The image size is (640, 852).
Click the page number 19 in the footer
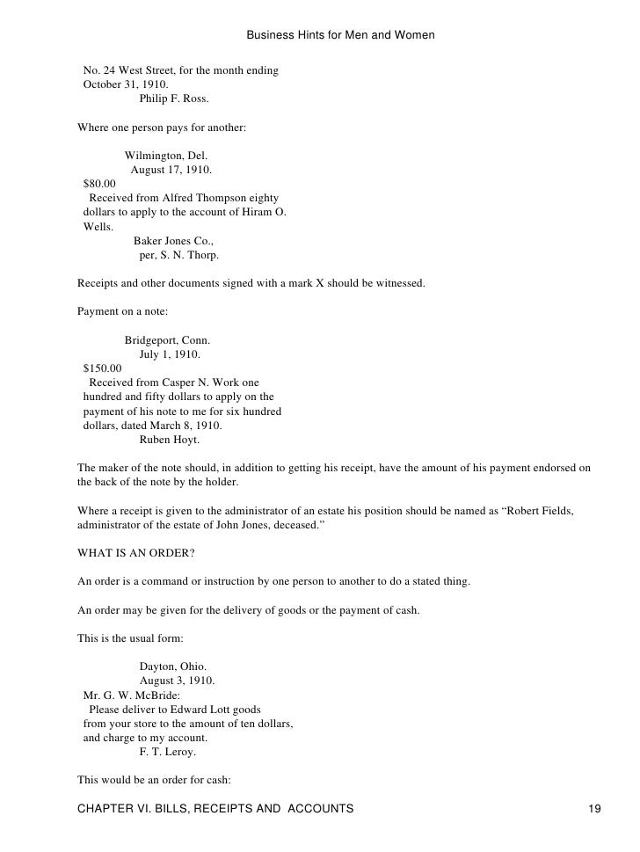[594, 808]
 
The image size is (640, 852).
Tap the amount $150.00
[102, 368]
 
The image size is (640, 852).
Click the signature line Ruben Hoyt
[170, 440]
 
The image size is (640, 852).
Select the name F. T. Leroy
[168, 753]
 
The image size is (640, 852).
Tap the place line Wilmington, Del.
[166, 156]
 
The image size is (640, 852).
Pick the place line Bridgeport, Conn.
[167, 340]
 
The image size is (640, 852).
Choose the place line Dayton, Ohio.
[173, 666]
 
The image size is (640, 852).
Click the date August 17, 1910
[171, 170]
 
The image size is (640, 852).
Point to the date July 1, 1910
[170, 354]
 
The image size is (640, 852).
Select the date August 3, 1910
[177, 681]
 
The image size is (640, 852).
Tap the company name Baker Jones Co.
[174, 241]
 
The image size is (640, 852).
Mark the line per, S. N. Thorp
[179, 255]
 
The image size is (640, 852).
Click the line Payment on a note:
[122, 312]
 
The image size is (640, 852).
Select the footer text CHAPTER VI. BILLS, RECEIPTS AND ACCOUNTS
[215, 808]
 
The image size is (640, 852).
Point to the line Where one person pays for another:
[162, 127]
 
